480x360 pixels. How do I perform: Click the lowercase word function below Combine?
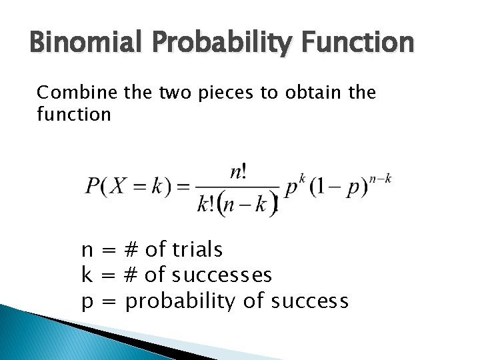coord(74,114)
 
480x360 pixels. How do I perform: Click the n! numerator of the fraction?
coord(238,173)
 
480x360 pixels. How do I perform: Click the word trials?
coord(197,250)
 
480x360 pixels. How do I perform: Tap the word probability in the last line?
coord(181,301)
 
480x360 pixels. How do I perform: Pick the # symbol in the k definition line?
coord(131,275)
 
